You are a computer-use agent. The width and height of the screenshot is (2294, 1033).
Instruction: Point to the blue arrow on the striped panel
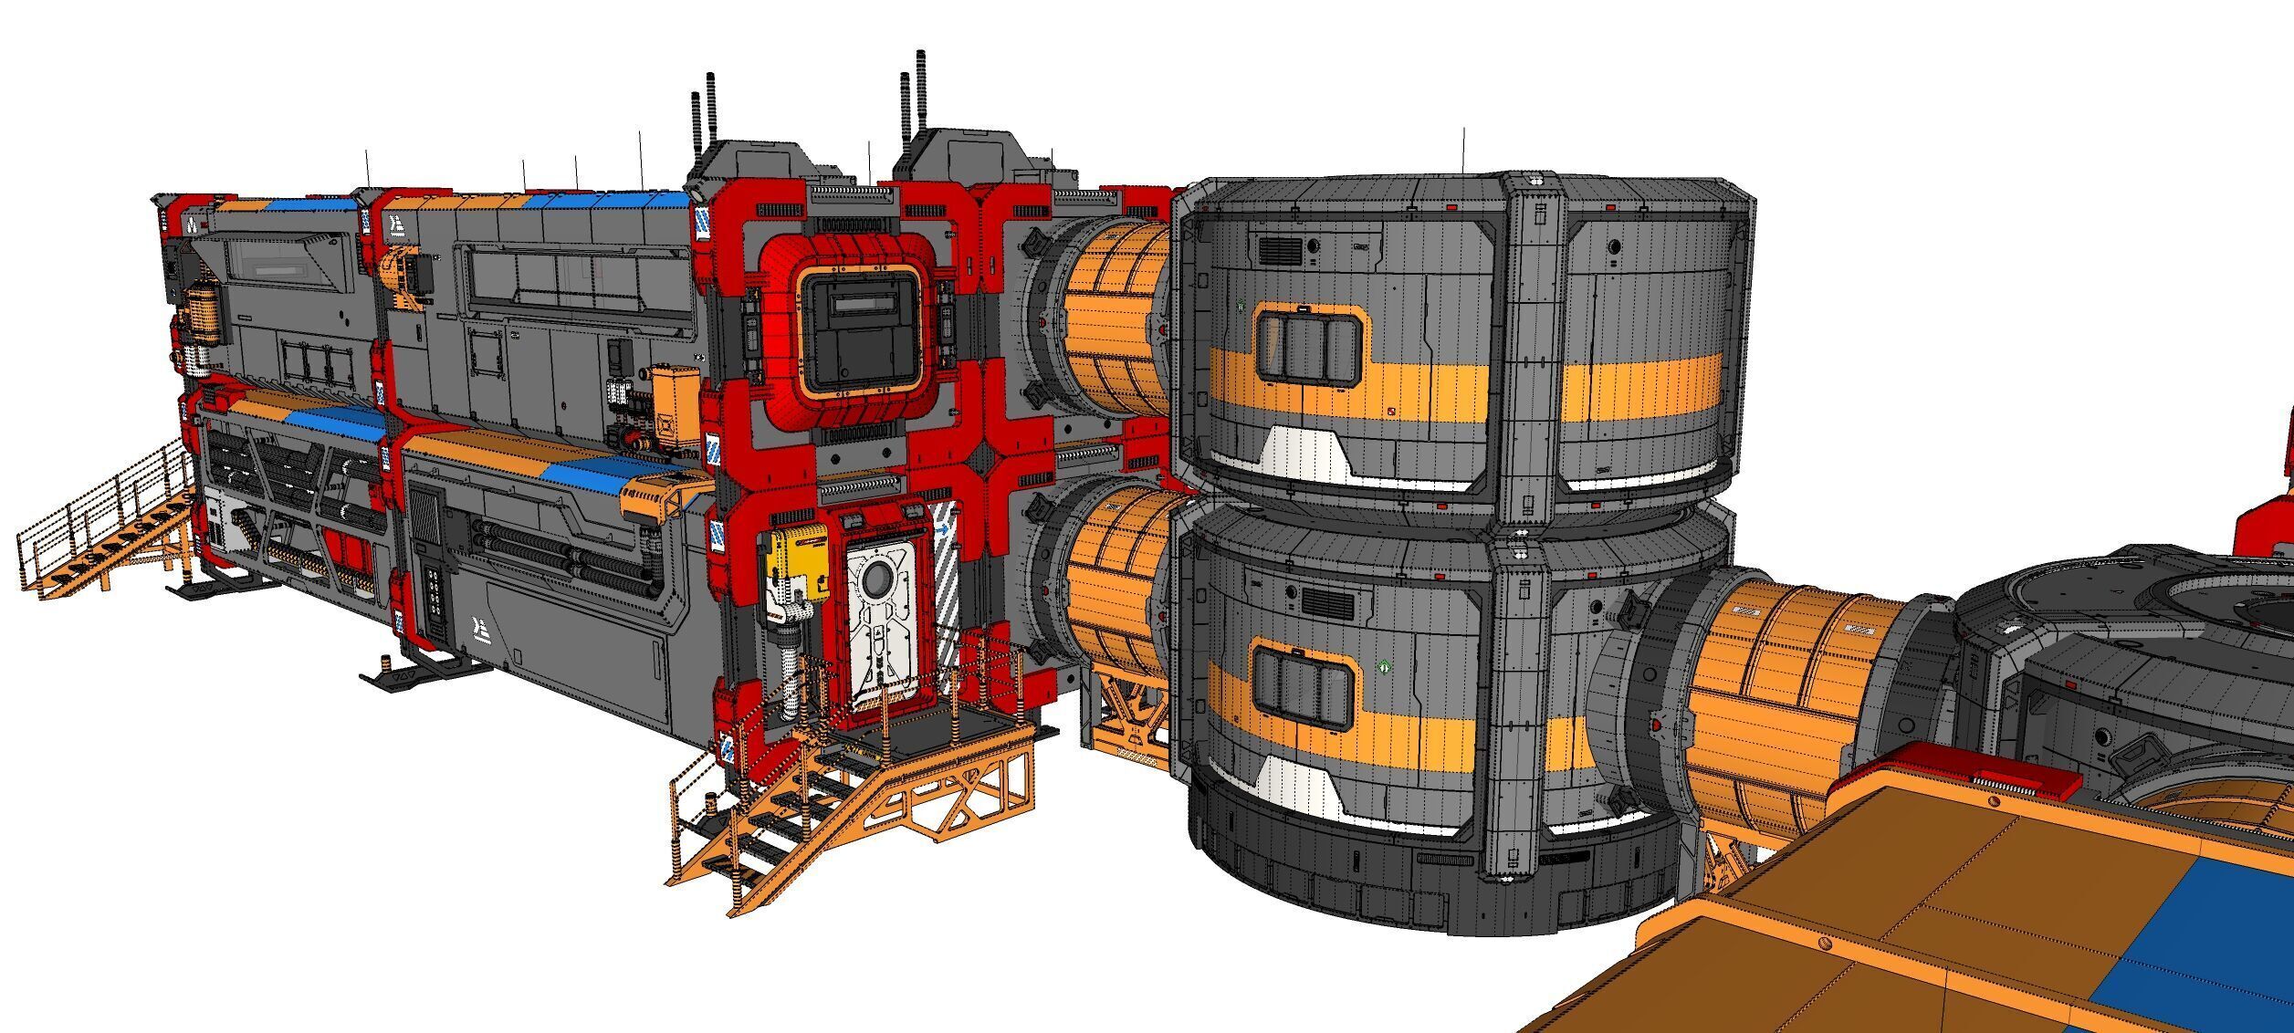pos(940,528)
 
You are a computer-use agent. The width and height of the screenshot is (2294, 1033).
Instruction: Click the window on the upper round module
pos(1307,345)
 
